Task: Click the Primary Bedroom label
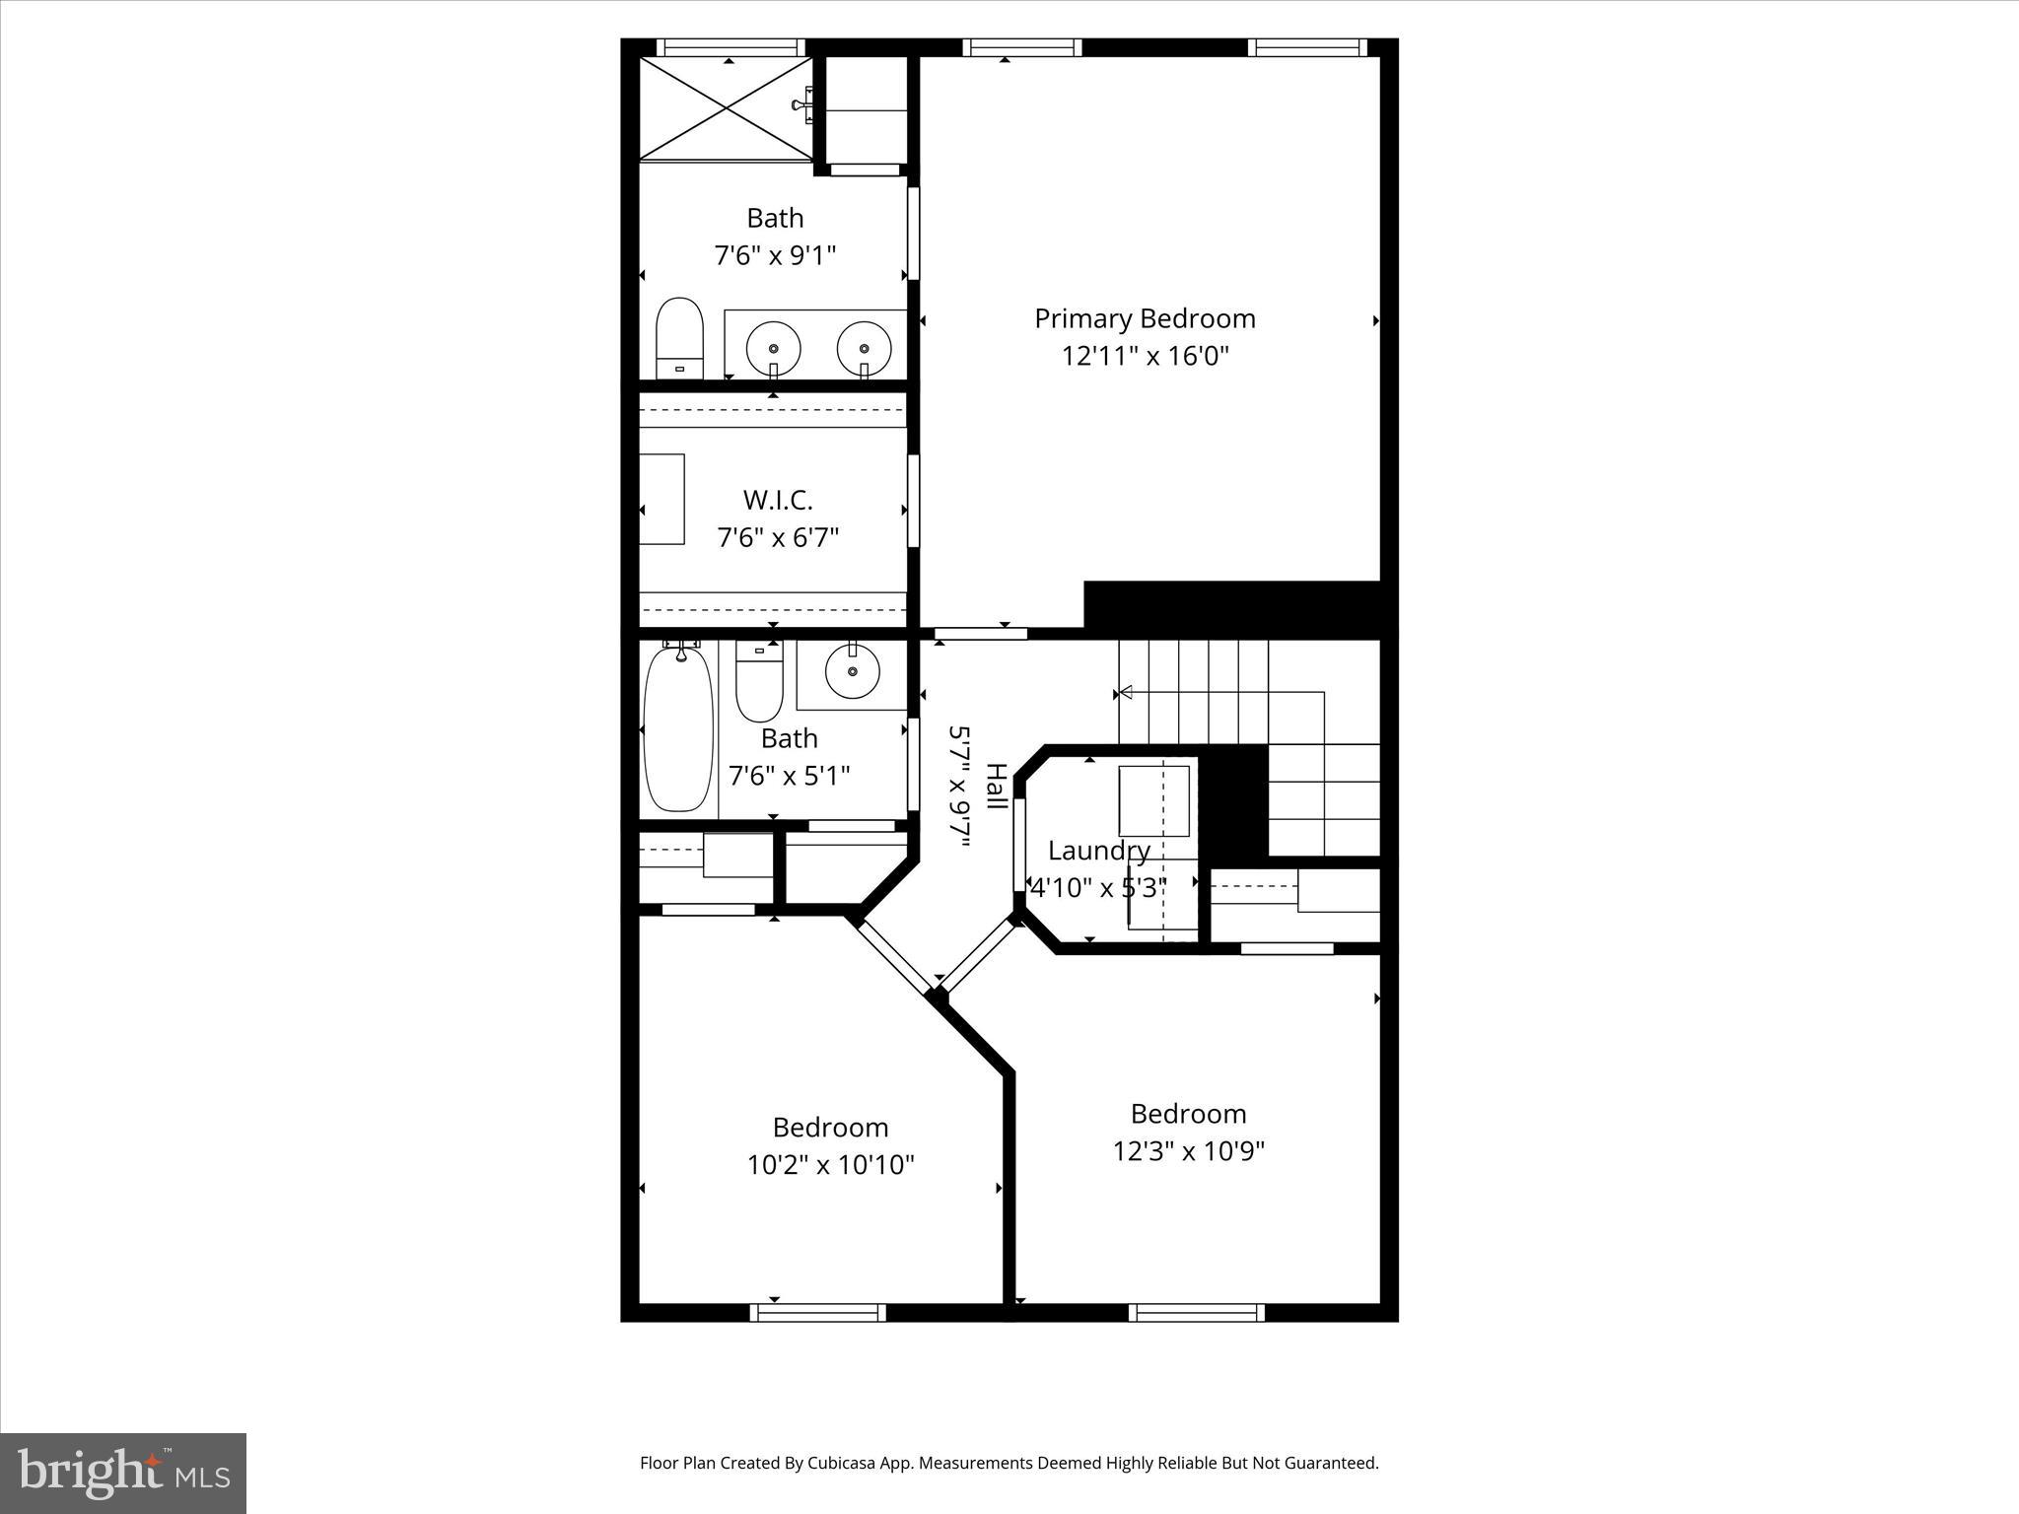pyautogui.click(x=1145, y=318)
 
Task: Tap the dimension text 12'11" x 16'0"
pyautogui.click(x=1145, y=356)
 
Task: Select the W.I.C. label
pyautogui.click(x=778, y=500)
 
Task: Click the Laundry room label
pyautogui.click(x=1098, y=851)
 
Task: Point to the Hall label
pyautogui.click(x=997, y=786)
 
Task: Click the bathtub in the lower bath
pyautogui.click(x=678, y=727)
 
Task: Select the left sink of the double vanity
pyautogui.click(x=773, y=347)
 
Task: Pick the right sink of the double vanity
pyautogui.click(x=864, y=347)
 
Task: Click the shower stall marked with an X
pyautogui.click(x=728, y=108)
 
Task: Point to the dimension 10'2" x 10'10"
pyautogui.click(x=830, y=1165)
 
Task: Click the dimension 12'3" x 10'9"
pyautogui.click(x=1188, y=1151)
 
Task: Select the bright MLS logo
pyautogui.click(x=123, y=1473)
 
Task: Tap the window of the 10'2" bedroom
pyautogui.click(x=817, y=1312)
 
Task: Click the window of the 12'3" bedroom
pyautogui.click(x=1196, y=1312)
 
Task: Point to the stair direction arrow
pyautogui.click(x=1124, y=693)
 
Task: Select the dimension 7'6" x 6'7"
pyautogui.click(x=778, y=538)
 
